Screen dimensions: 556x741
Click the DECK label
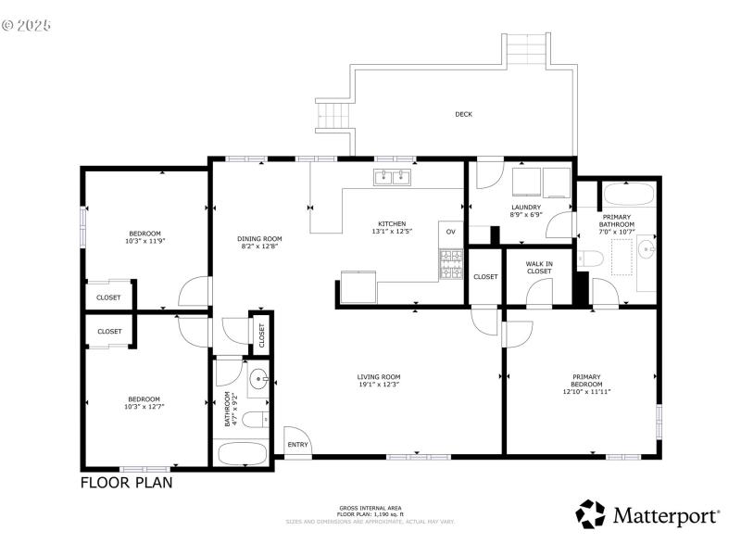(463, 114)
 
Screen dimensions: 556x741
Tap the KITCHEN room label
(392, 223)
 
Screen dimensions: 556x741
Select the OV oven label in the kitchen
(451, 231)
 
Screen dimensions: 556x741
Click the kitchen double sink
(393, 177)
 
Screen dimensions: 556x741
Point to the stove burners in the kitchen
(450, 266)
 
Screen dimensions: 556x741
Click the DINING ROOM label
(260, 239)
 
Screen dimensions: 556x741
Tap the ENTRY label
(297, 445)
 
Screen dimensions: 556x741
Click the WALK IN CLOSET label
(539, 267)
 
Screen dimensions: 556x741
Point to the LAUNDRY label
(525, 207)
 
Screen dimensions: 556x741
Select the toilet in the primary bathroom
(589, 259)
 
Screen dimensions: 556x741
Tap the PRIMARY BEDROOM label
(585, 381)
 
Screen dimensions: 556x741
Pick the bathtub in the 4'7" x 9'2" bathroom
(241, 453)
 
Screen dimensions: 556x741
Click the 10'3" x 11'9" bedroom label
(144, 236)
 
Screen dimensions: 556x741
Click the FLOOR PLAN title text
(126, 482)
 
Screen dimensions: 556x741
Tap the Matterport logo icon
(591, 514)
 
